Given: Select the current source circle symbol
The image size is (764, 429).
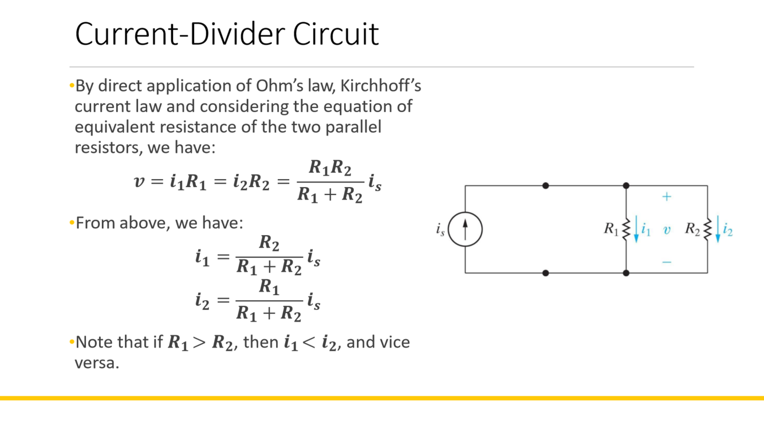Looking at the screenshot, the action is click(465, 229).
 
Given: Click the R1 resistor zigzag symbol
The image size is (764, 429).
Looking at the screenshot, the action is click(626, 229).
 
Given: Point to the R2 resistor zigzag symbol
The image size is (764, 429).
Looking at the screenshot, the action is click(707, 229).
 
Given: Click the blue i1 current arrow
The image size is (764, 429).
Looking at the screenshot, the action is click(636, 230).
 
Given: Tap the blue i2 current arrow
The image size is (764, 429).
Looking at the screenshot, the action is click(718, 230).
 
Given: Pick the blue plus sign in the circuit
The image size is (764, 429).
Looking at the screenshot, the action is click(667, 197).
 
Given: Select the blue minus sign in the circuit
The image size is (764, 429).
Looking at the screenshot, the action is click(667, 262).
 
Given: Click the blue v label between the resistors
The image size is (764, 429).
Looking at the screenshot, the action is click(667, 230).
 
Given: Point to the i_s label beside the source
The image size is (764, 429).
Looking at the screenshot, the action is click(440, 230).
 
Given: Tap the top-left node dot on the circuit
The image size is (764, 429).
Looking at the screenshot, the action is click(546, 186).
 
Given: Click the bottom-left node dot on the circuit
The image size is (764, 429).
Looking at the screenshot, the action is click(546, 273).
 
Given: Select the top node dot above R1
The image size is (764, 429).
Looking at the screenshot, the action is click(626, 186).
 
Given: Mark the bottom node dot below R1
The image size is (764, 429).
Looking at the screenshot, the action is click(626, 273).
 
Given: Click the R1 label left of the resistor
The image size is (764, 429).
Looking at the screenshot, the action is click(611, 229).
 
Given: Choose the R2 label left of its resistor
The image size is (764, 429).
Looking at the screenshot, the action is click(692, 229).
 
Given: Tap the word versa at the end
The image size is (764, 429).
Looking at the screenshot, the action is click(97, 363).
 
